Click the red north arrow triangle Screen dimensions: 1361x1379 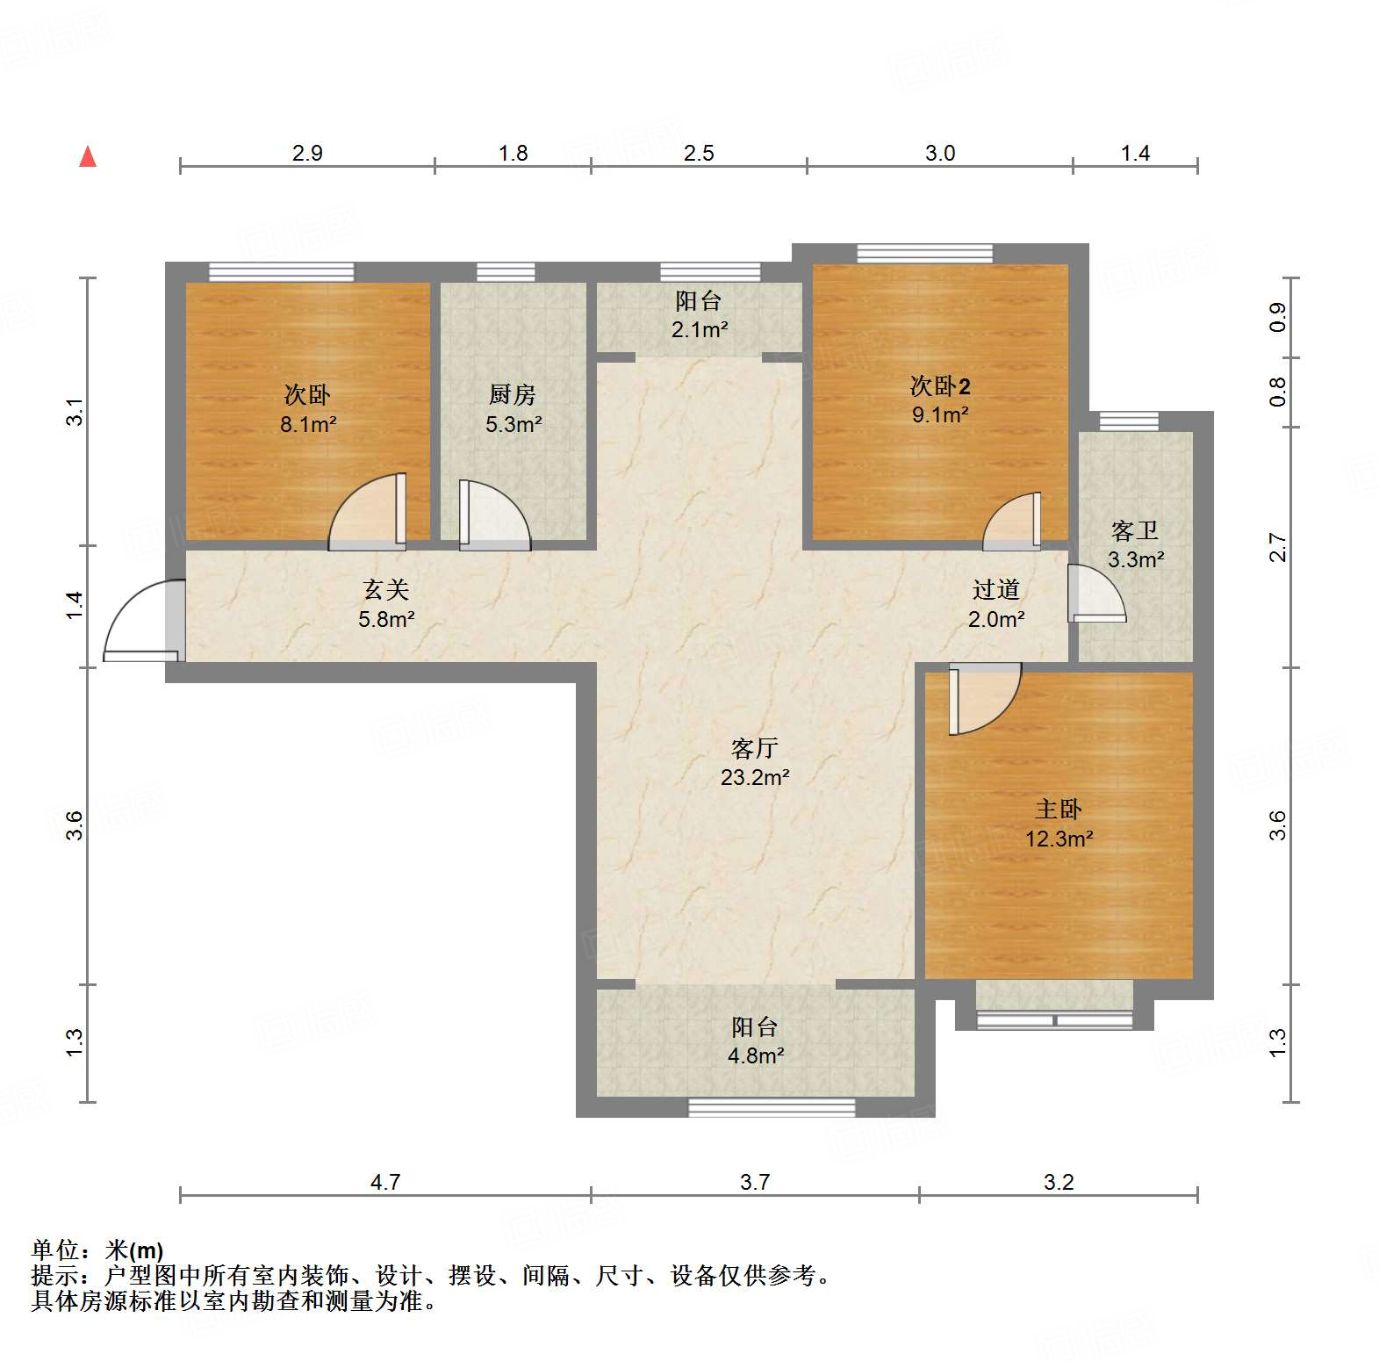point(88,156)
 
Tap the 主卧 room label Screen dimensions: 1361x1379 point(1058,809)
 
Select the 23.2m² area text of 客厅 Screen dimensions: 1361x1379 point(755,777)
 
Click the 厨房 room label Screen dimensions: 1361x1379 point(513,395)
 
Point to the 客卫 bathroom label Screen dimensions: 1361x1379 point(1134,530)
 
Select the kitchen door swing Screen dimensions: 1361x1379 point(493,516)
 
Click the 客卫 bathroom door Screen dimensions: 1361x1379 point(1095,594)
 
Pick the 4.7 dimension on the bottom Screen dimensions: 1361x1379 point(384,1182)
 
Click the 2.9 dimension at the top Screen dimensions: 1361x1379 point(307,154)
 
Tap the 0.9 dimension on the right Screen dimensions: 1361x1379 point(1277,317)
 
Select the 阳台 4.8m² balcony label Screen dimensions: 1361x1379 point(755,1041)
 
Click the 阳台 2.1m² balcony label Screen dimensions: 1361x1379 point(699,314)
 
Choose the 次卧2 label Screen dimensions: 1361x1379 point(939,386)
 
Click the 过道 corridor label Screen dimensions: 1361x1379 point(995,589)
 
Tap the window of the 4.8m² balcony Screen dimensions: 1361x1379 point(771,1107)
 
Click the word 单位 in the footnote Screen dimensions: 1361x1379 point(54,1250)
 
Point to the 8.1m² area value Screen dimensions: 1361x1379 point(308,424)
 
